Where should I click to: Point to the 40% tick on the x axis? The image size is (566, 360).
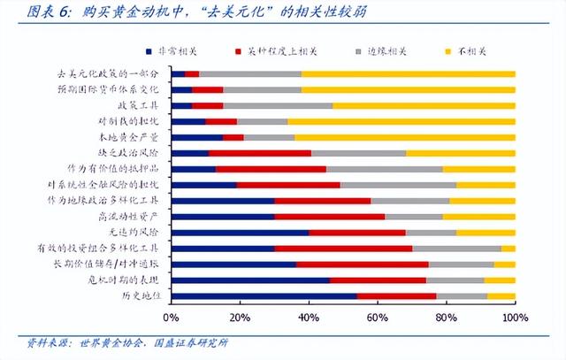pos(309,317)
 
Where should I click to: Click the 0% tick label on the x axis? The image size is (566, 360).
pos(172,317)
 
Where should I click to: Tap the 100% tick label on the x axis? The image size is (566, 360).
pos(514,317)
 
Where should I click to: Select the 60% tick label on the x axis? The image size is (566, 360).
pos(378,317)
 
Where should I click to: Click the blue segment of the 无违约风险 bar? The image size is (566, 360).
pos(240,233)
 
